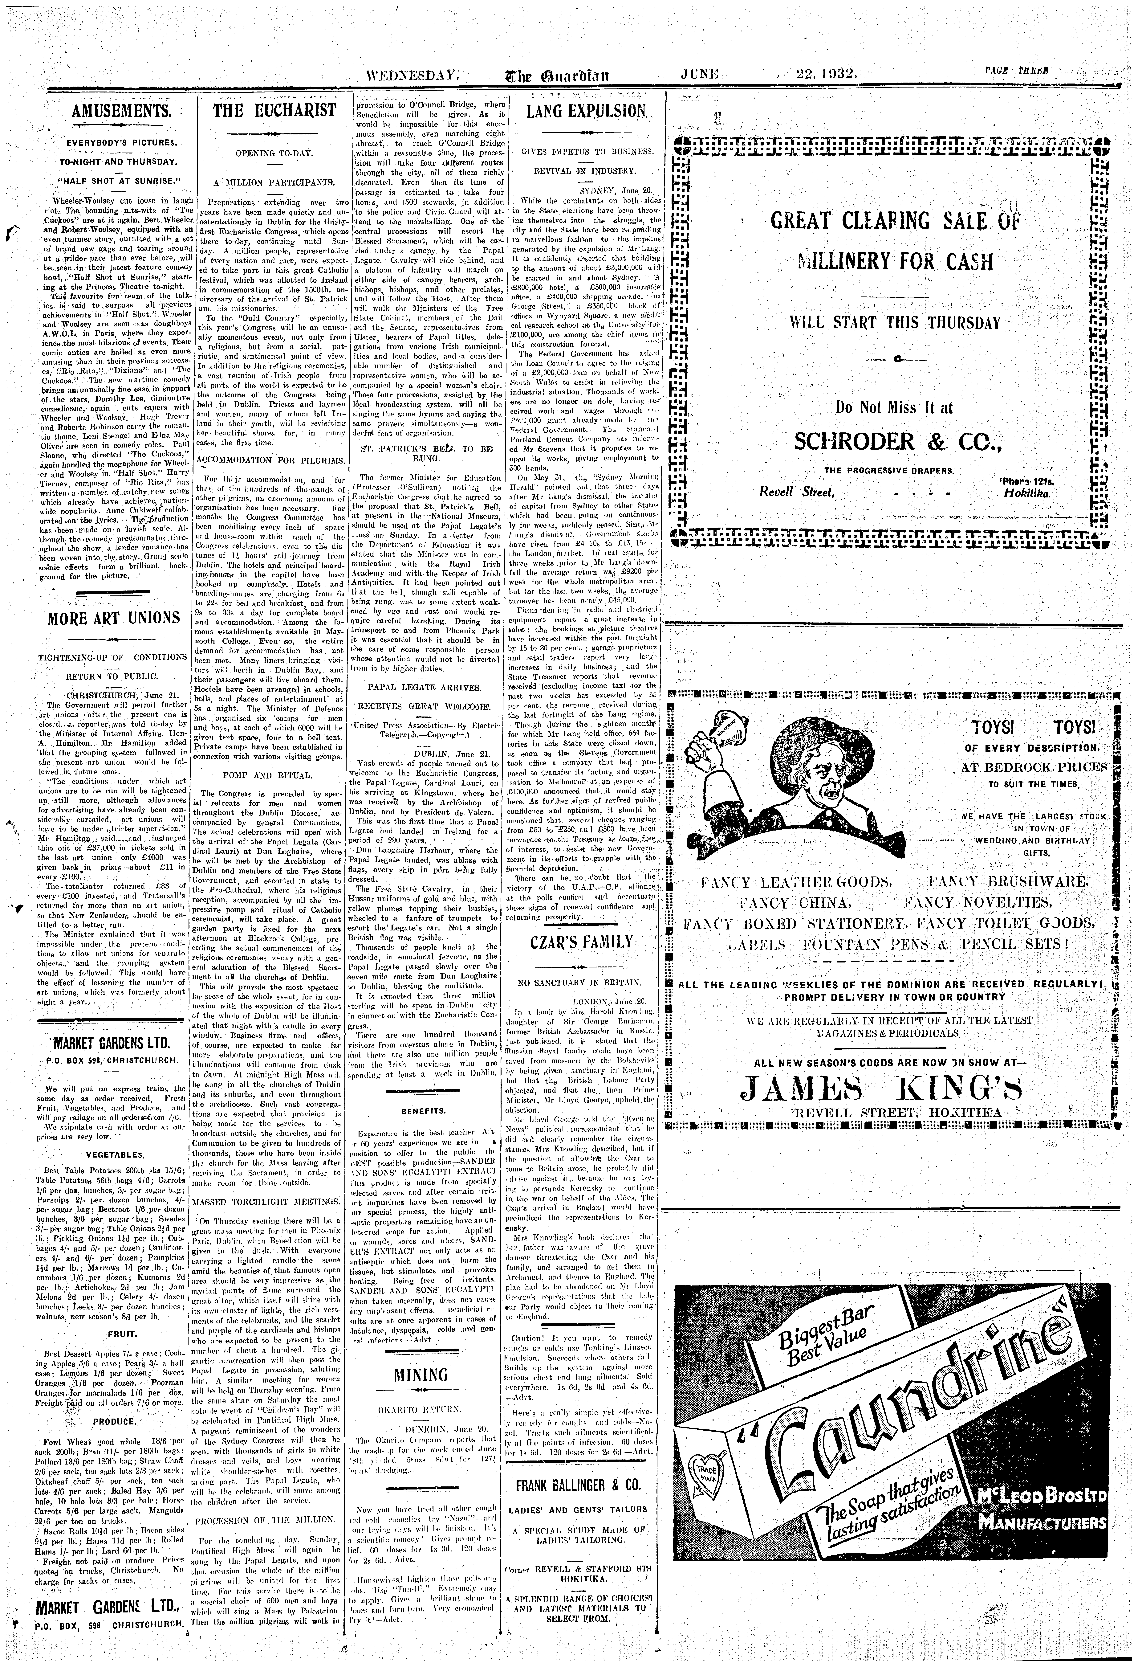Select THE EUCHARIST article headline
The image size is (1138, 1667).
(x=275, y=110)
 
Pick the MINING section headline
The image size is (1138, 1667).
(x=421, y=1375)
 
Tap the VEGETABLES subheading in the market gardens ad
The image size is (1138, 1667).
(x=115, y=1155)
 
